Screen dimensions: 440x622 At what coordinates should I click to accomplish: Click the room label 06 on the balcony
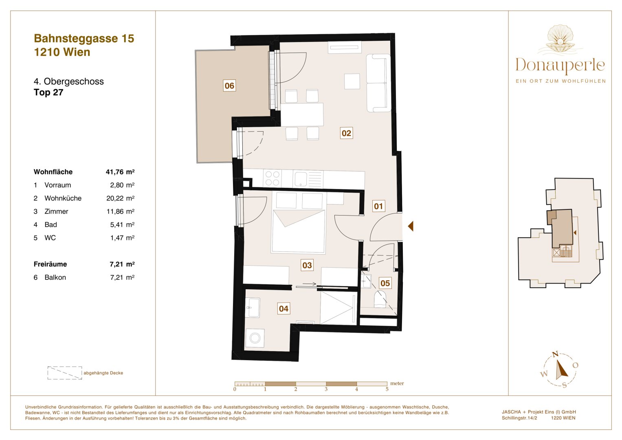coord(229,86)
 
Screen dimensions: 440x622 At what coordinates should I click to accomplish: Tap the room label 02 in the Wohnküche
coord(346,133)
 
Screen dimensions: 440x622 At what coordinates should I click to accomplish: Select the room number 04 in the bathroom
coord(284,309)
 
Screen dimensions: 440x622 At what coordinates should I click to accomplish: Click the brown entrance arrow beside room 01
coord(411,226)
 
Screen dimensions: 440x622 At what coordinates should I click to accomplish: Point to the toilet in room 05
coord(380,299)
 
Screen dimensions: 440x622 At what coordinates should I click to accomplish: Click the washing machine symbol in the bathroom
coord(255,338)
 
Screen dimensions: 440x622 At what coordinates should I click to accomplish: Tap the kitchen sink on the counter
coord(301,179)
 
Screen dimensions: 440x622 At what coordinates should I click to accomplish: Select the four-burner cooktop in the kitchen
coord(272,178)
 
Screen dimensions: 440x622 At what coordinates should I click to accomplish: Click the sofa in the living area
coord(378,83)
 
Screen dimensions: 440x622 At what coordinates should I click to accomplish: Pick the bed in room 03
coord(299,231)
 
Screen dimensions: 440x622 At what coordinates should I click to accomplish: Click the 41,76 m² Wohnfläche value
coord(120,172)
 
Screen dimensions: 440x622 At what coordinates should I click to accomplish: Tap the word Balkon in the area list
coord(55,277)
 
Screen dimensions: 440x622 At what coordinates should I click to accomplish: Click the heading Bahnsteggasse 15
coord(84,38)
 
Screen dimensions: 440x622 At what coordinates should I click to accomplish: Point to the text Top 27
coord(48,92)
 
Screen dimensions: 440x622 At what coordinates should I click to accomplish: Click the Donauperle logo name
coord(560,65)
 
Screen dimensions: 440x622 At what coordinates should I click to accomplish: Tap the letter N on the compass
coord(555,354)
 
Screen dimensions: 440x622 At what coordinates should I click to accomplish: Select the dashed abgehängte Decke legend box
coord(64,373)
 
